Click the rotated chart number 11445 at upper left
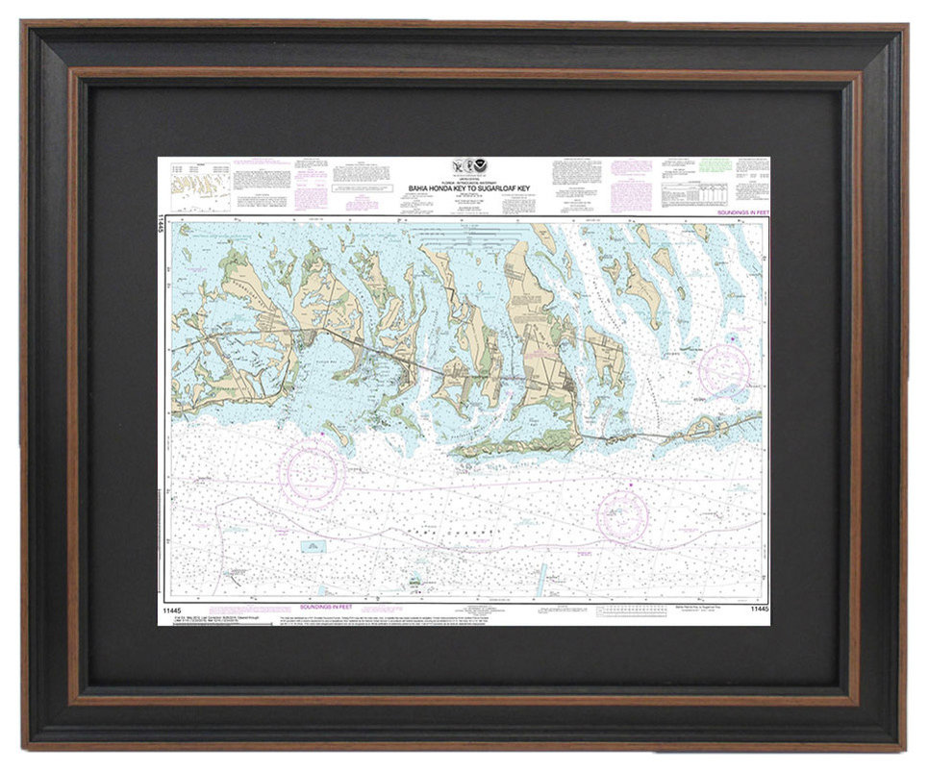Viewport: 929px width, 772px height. pos(162,225)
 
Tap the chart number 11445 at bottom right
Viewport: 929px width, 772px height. pos(757,609)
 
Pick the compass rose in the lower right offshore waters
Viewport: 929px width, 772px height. pos(622,515)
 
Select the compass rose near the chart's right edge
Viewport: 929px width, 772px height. pos(723,369)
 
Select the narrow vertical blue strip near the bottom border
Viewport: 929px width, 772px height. pos(541,577)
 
